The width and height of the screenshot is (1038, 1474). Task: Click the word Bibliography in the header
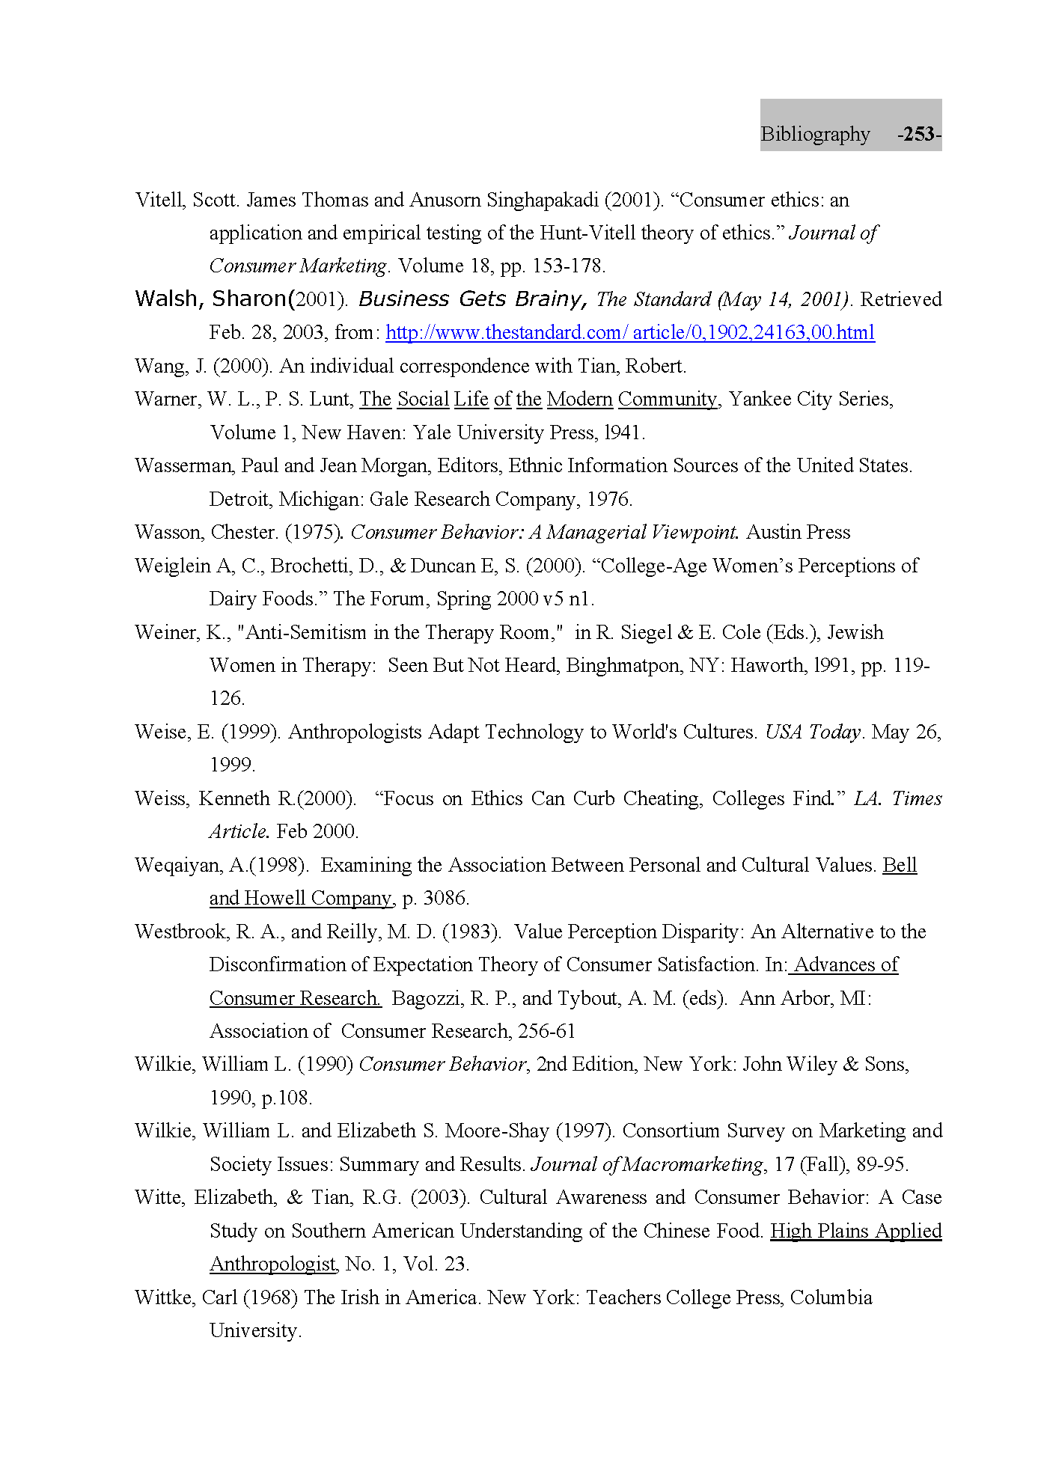click(815, 135)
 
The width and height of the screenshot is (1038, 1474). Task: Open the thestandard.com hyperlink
click(629, 332)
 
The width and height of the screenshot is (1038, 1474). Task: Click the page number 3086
click(446, 899)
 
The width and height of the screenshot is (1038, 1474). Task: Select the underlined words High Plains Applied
click(855, 1232)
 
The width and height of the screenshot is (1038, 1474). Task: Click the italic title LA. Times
click(897, 799)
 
